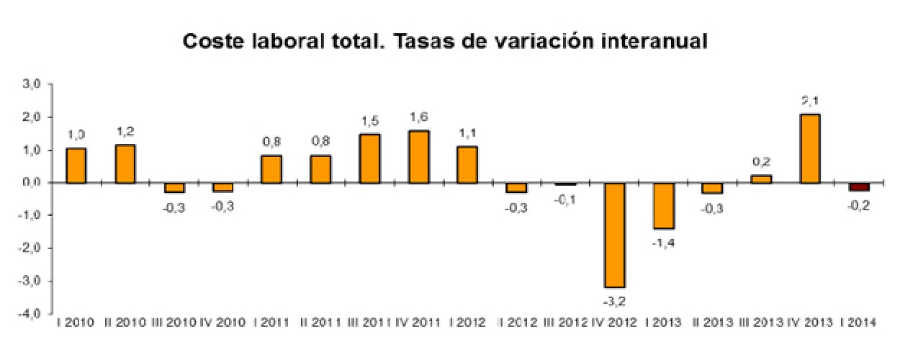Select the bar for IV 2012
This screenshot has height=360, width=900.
click(x=614, y=235)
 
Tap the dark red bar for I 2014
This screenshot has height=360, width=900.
click(x=859, y=187)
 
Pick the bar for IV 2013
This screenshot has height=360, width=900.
click(x=810, y=148)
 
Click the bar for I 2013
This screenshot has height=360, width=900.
click(x=663, y=205)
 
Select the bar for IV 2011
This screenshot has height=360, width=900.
click(x=419, y=157)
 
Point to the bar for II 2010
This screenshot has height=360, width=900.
click(x=125, y=164)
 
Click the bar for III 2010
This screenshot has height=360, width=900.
click(x=174, y=187)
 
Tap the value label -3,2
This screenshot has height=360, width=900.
click(x=614, y=301)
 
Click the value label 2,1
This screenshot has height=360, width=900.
click(x=810, y=102)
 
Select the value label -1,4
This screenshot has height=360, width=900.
click(x=663, y=243)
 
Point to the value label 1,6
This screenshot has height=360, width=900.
click(x=419, y=118)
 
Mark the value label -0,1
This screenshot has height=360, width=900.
click(x=565, y=200)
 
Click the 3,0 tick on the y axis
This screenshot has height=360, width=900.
click(x=31, y=84)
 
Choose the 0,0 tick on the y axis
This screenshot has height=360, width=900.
click(x=31, y=182)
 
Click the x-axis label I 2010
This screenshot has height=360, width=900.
click(x=76, y=322)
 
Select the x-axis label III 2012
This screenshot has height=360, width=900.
click(x=565, y=322)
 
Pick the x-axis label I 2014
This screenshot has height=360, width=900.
click(x=858, y=322)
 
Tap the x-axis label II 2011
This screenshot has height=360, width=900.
click(x=321, y=322)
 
